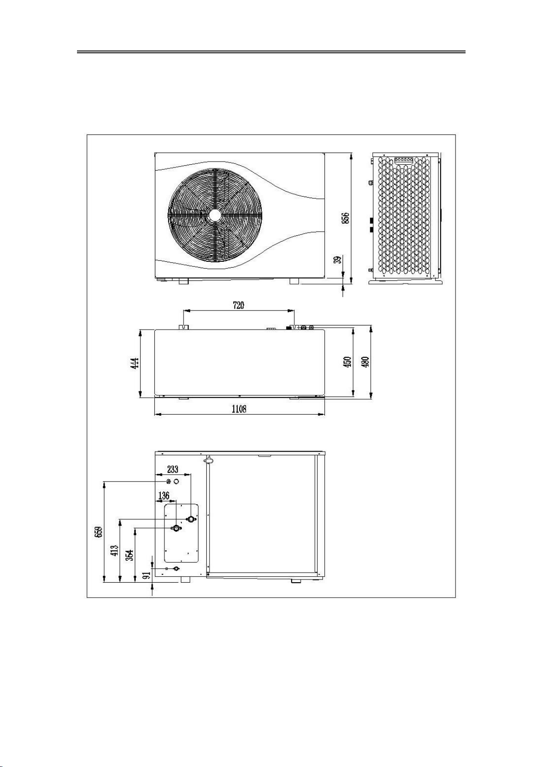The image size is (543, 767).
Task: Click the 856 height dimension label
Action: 346,218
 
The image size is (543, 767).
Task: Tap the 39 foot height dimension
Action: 338,260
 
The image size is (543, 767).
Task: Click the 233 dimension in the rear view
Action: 173,469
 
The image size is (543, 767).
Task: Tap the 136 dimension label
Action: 164,495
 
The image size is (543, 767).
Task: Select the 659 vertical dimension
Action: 99,532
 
